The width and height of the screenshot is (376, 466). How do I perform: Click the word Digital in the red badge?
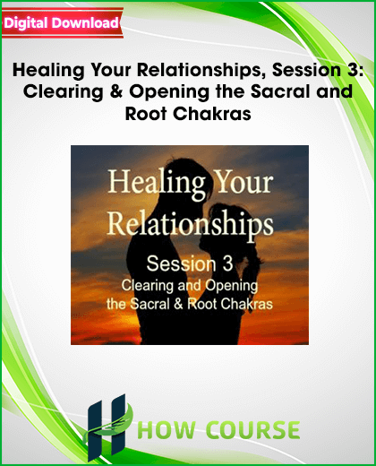point(26,23)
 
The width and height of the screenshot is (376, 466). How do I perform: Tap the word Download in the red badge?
point(85,22)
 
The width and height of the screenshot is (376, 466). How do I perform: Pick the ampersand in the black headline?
point(116,91)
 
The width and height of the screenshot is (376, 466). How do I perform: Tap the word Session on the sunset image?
point(181,264)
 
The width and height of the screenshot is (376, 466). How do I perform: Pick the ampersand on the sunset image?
point(178,305)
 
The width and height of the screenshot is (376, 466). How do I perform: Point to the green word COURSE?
point(253,430)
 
